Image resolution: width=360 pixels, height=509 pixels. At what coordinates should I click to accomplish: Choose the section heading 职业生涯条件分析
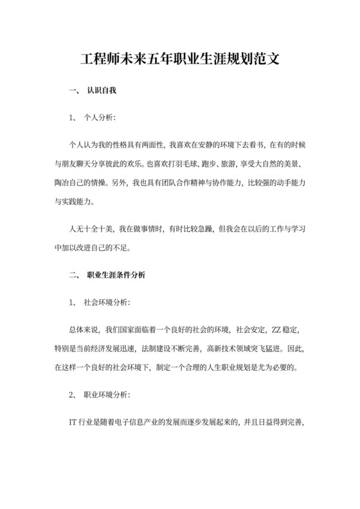116,275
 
